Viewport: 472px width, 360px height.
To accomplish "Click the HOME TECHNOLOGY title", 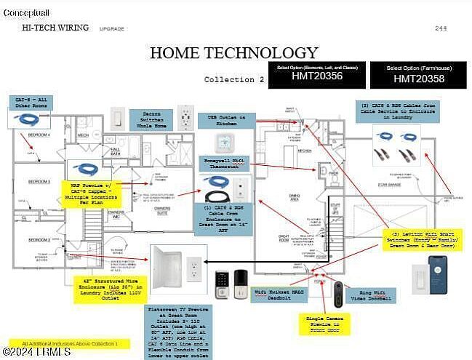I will click(x=233, y=52).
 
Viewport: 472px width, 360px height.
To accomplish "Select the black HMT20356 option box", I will click(x=316, y=75).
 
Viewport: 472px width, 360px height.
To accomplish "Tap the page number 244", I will click(x=441, y=28).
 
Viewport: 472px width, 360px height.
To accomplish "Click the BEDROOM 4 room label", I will click(x=39, y=136).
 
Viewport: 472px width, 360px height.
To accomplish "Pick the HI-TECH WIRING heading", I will click(x=56, y=28).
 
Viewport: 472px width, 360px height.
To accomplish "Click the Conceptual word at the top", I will click(x=27, y=13).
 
